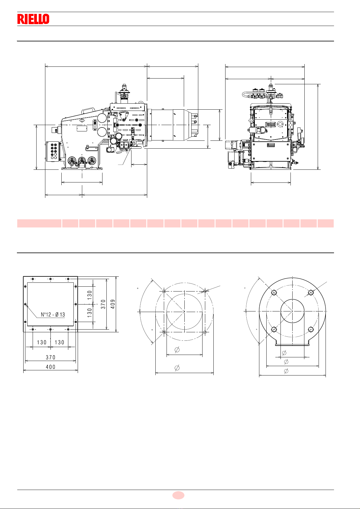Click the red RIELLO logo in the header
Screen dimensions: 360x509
click(33, 19)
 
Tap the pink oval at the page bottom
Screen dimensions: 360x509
click(178, 495)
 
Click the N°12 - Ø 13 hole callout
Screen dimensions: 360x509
click(53, 314)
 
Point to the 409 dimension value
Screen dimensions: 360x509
click(113, 304)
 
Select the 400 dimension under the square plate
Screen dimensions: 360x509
click(50, 367)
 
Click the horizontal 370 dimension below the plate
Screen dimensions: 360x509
click(50, 357)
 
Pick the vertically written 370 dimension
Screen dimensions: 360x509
click(103, 304)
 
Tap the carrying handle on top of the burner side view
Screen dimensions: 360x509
click(88, 111)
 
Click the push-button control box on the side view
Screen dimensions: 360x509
click(52, 151)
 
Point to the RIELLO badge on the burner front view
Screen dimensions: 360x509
click(271, 124)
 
